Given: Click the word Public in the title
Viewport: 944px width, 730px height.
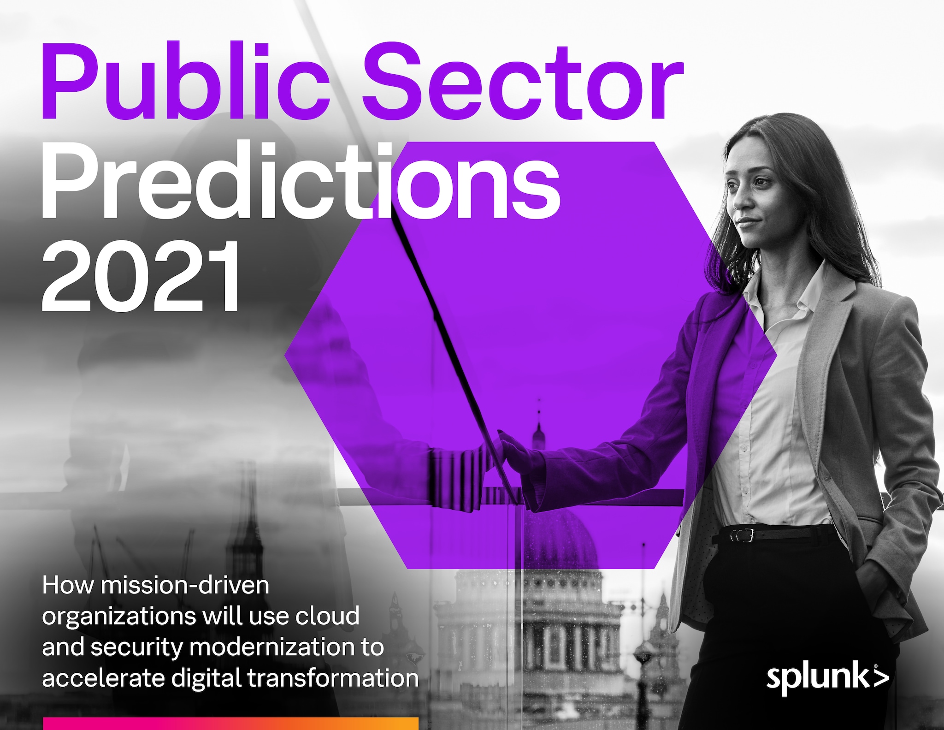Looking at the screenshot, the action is coord(186,81).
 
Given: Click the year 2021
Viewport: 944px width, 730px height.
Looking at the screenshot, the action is coord(141,276).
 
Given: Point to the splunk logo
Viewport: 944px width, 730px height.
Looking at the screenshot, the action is coord(828,678).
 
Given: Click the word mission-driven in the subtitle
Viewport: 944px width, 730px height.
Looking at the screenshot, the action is coord(185,585).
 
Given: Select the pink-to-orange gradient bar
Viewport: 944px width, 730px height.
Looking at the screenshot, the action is coord(231,723).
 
